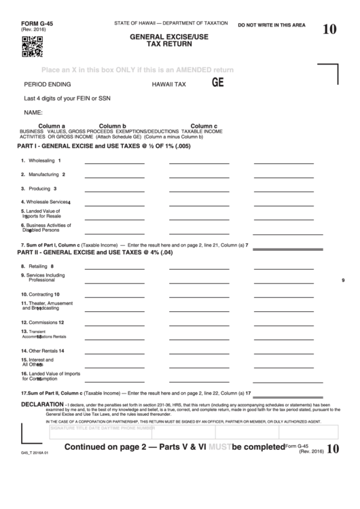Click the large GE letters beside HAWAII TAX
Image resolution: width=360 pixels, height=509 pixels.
tap(218, 84)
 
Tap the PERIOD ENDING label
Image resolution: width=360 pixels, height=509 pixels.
tap(46, 86)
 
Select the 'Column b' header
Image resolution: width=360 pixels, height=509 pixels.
tap(113, 126)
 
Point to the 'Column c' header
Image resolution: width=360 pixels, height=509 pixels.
tap(204, 126)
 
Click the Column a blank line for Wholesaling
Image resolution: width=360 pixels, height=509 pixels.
tap(114, 164)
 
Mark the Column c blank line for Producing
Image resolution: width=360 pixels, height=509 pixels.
tap(284, 192)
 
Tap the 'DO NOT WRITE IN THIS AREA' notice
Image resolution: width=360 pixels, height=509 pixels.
tap(271, 24)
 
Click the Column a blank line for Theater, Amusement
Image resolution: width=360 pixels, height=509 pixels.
tap(114, 308)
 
